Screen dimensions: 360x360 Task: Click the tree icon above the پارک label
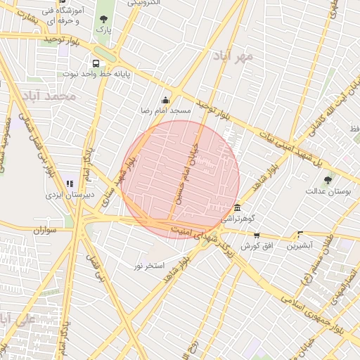tap(104, 20)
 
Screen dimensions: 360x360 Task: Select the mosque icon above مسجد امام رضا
tap(166, 100)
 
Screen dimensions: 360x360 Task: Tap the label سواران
tap(44, 230)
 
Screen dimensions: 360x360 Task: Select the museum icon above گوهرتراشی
tap(238, 208)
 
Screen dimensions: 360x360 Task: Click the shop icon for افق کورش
tap(257, 236)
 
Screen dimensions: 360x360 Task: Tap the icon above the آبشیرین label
tap(300, 235)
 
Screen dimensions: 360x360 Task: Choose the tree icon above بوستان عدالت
tap(328, 181)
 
